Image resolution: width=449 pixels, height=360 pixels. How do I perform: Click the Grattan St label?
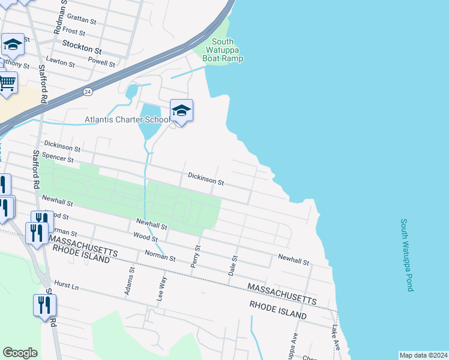[82, 20]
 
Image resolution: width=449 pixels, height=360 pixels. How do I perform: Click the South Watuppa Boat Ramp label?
[224, 50]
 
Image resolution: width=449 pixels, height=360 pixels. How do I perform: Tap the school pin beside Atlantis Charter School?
[181, 111]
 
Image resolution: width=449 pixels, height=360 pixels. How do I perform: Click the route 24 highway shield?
[88, 92]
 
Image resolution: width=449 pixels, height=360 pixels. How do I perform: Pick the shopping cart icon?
[7, 83]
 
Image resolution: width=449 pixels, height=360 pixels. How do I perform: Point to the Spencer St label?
[58, 160]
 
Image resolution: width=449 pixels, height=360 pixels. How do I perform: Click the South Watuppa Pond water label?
[406, 255]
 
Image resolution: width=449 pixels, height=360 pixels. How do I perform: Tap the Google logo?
[20, 353]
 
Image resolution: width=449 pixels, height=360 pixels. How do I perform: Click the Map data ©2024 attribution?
[423, 355]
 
